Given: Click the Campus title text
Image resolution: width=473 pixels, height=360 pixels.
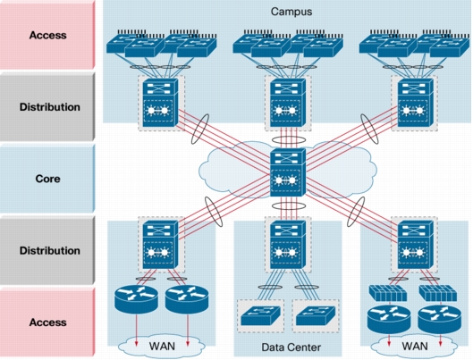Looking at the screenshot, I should point(287,11).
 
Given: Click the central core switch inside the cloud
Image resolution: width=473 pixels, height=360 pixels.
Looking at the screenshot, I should point(288,174).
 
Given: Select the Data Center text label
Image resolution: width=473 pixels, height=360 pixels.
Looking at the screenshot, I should point(287,347).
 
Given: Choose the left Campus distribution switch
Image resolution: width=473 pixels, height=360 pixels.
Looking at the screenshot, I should point(157,103).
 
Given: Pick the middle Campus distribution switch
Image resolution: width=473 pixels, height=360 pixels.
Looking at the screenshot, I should point(288,103).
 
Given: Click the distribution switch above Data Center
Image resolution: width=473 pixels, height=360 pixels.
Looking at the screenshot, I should point(287,245).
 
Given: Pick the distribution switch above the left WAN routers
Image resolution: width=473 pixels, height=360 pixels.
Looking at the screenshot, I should point(157,245).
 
